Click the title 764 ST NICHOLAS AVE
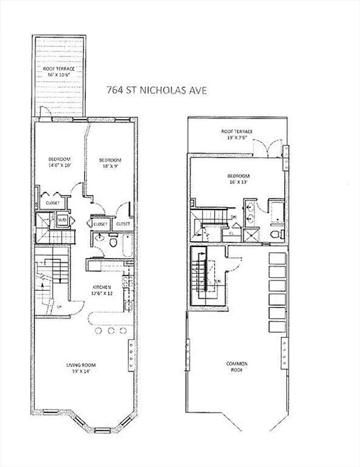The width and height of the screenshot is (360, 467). tap(157, 90)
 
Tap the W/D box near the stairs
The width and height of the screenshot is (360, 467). tap(61, 221)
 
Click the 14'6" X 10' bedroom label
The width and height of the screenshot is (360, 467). tap(59, 163)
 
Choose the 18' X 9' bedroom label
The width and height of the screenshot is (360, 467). tap(110, 163)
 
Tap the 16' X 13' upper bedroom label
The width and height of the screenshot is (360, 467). tap(238, 179)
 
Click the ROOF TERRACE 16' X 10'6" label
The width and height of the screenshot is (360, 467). tap(59, 72)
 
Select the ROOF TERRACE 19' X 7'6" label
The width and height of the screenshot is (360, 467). tap(237, 135)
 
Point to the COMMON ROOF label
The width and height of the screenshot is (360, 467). tap(237, 367)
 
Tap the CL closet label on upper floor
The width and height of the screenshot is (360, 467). tap(232, 232)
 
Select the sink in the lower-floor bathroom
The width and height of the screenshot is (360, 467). tap(100, 238)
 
